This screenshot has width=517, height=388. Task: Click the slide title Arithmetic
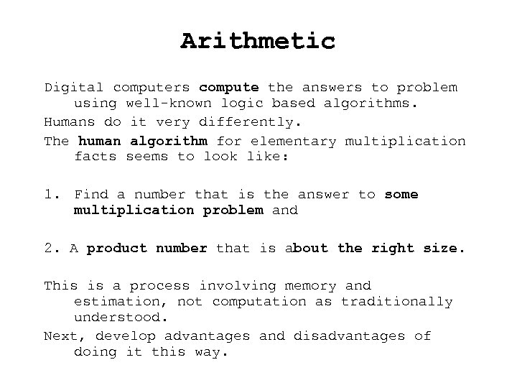258,41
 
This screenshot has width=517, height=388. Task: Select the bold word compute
229,88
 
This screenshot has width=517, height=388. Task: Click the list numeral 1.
50,194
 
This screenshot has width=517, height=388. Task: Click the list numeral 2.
50,248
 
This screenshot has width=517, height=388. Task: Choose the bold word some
401,194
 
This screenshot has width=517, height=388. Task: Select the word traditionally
396,302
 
